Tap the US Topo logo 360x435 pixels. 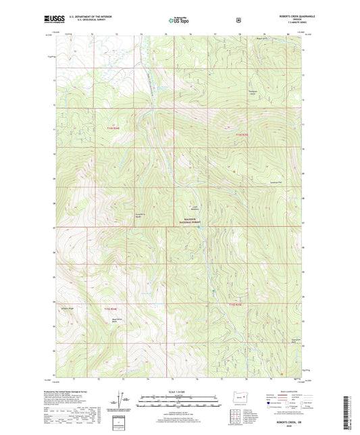(x=179, y=21)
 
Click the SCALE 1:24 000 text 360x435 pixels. (x=179, y=392)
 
